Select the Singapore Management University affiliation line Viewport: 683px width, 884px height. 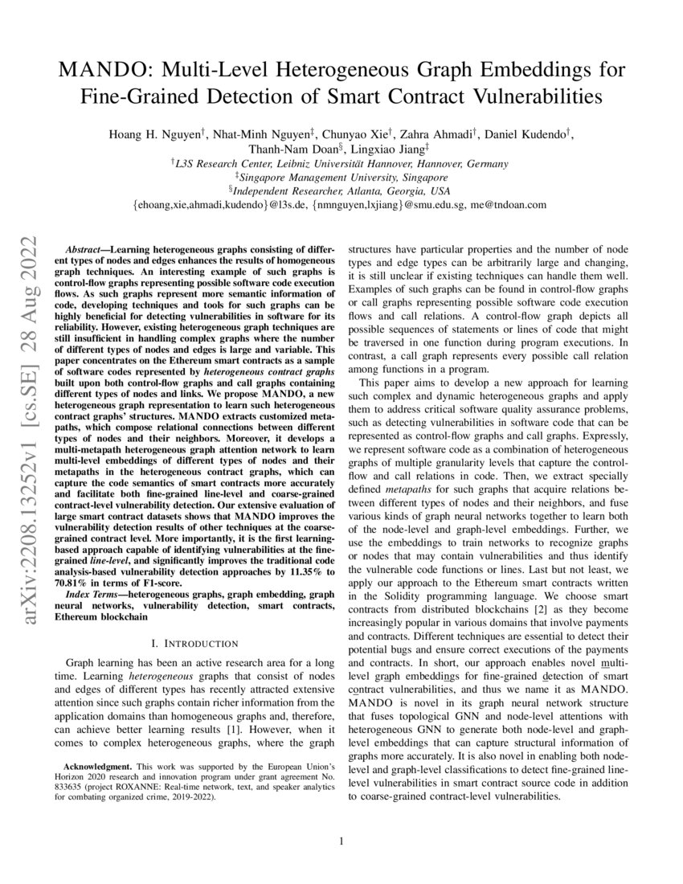(x=341, y=177)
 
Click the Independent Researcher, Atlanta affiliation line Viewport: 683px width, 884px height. (x=341, y=191)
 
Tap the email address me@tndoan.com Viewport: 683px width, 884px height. (x=509, y=206)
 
